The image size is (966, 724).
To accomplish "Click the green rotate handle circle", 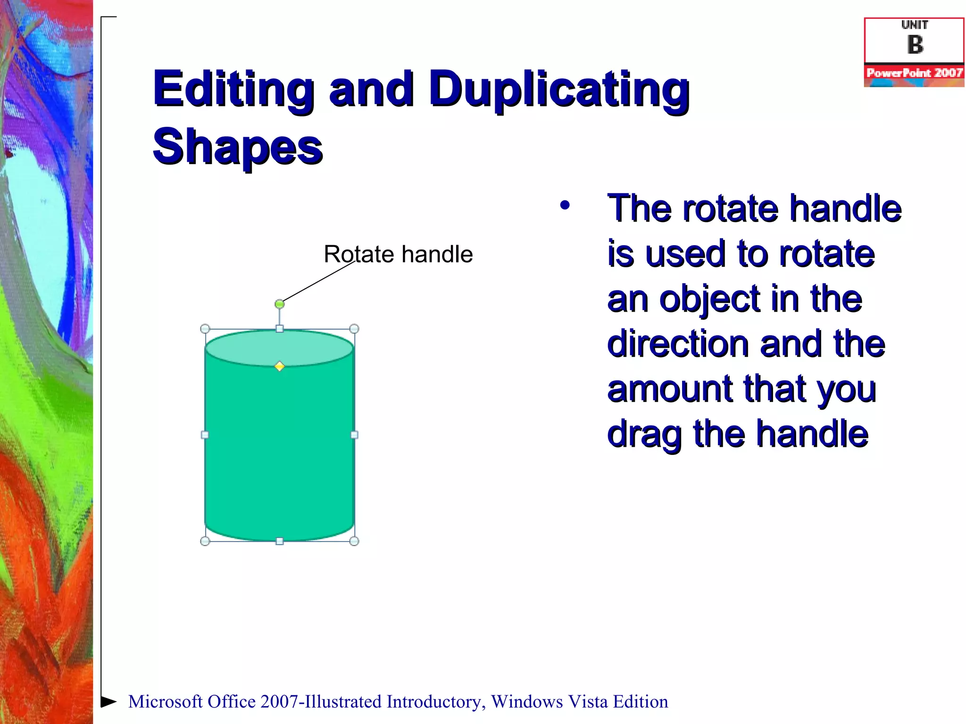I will click(280, 304).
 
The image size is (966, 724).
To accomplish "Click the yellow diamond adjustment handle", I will click(280, 366).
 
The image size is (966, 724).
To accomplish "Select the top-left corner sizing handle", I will click(205, 329).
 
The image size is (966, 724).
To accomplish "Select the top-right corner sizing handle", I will click(354, 329).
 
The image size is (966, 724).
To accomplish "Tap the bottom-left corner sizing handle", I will click(205, 541).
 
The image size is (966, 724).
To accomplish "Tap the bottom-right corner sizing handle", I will click(354, 541).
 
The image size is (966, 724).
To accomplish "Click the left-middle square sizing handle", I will click(205, 435).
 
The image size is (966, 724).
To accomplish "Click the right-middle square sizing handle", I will click(354, 435).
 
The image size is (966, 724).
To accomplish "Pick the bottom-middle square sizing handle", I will click(280, 541).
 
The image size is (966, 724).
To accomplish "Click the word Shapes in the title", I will click(238, 147).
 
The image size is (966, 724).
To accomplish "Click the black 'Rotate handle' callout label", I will click(398, 255).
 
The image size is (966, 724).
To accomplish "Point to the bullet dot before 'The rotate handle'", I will click(565, 206).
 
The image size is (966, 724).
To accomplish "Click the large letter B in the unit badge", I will click(915, 45).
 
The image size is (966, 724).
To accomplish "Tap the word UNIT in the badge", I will click(915, 25).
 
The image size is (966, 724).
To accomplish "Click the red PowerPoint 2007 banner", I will click(914, 73).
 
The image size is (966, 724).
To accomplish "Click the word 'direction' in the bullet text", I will click(678, 344).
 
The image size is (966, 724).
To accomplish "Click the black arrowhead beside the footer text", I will click(108, 701).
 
